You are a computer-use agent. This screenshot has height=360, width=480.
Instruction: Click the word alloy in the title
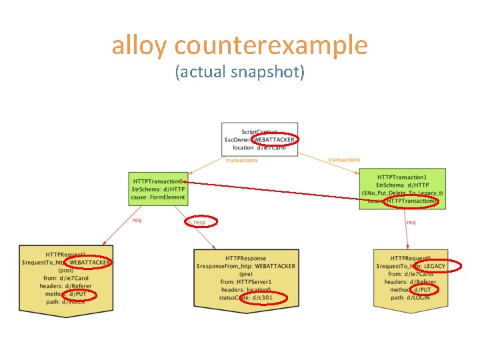coord(139,45)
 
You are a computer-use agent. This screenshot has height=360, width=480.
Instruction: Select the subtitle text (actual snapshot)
coord(239,71)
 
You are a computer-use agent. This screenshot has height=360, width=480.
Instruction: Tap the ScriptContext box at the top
coord(259,139)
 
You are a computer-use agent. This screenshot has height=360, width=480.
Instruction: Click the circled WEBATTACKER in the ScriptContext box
coord(275,139)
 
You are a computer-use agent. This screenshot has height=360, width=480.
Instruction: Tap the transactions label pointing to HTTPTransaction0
coord(242,160)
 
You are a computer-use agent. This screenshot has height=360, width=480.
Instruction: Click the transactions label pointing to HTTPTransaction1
coord(344,160)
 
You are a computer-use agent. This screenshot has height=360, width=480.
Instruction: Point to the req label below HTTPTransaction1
coord(411,223)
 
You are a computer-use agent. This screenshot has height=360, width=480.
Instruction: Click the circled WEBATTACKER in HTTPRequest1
coord(90,263)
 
